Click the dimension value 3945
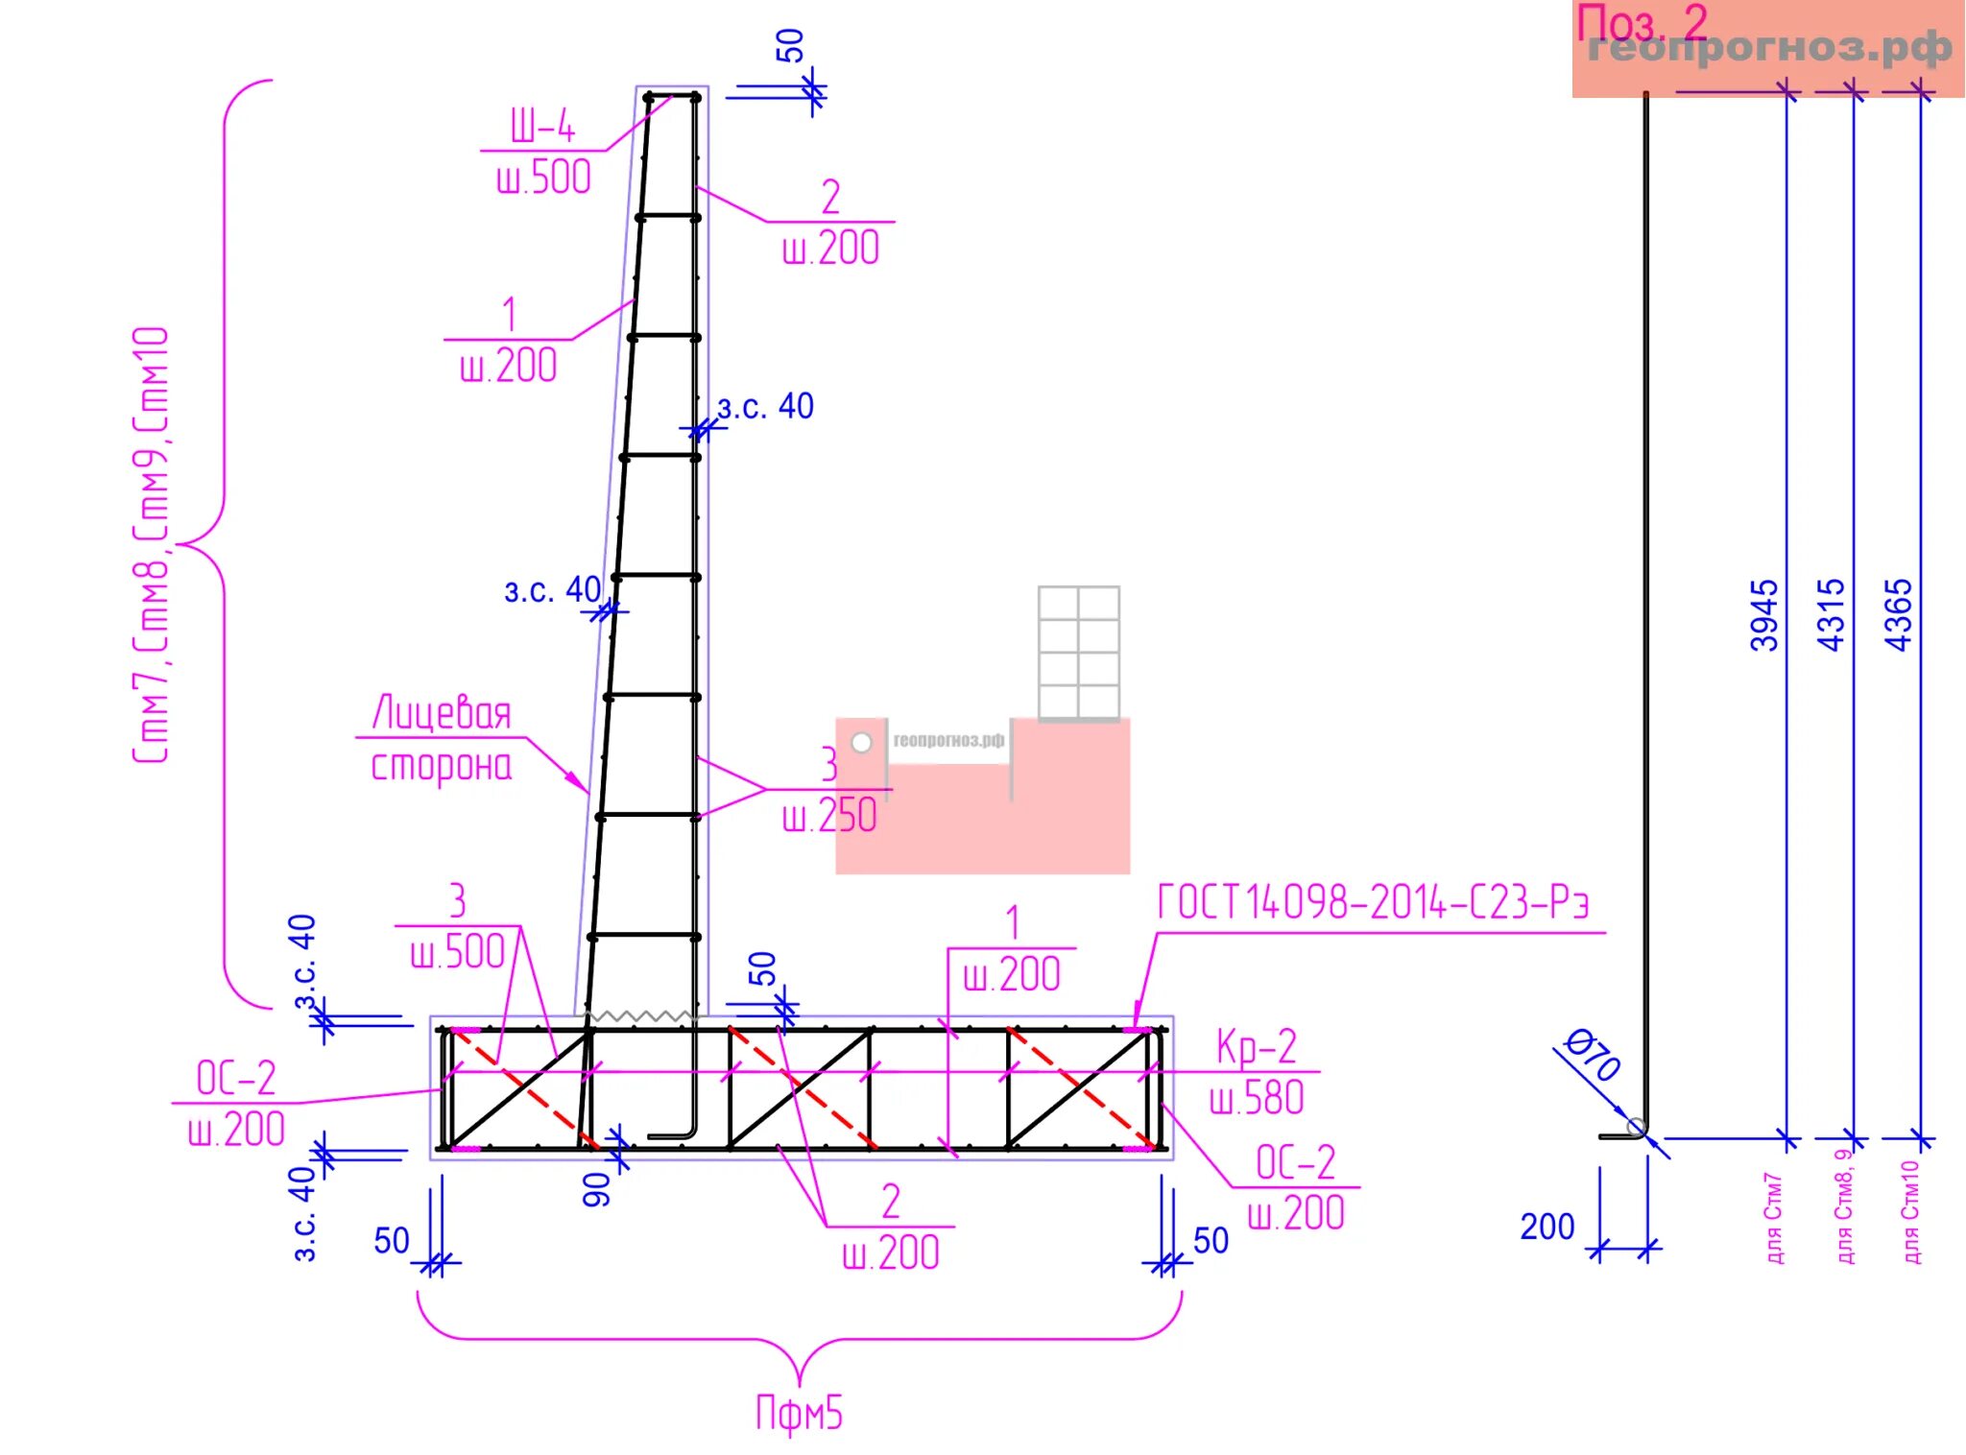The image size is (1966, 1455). coord(1764,616)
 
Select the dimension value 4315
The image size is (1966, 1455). coord(1832,616)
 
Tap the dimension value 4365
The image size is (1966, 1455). coord(1899,616)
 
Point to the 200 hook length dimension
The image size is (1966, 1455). coord(1546,1227)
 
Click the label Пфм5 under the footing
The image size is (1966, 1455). coord(799,1414)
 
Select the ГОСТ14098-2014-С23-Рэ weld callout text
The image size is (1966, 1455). coord(1373,903)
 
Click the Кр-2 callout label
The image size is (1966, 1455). coord(1256,1047)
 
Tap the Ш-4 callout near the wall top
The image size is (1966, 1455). coord(542,126)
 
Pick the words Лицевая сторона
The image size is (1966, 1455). coord(442,739)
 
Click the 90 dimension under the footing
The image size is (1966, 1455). coord(597,1188)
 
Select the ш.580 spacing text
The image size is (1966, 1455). coord(1257,1098)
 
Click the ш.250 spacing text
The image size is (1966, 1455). coord(829,816)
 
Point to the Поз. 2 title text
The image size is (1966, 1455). coord(1642,23)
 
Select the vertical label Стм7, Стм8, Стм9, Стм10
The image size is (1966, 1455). coord(152,544)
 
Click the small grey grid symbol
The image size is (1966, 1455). coord(1078,653)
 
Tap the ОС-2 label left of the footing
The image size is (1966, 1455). coord(236,1078)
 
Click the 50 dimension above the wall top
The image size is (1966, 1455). coord(790,46)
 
